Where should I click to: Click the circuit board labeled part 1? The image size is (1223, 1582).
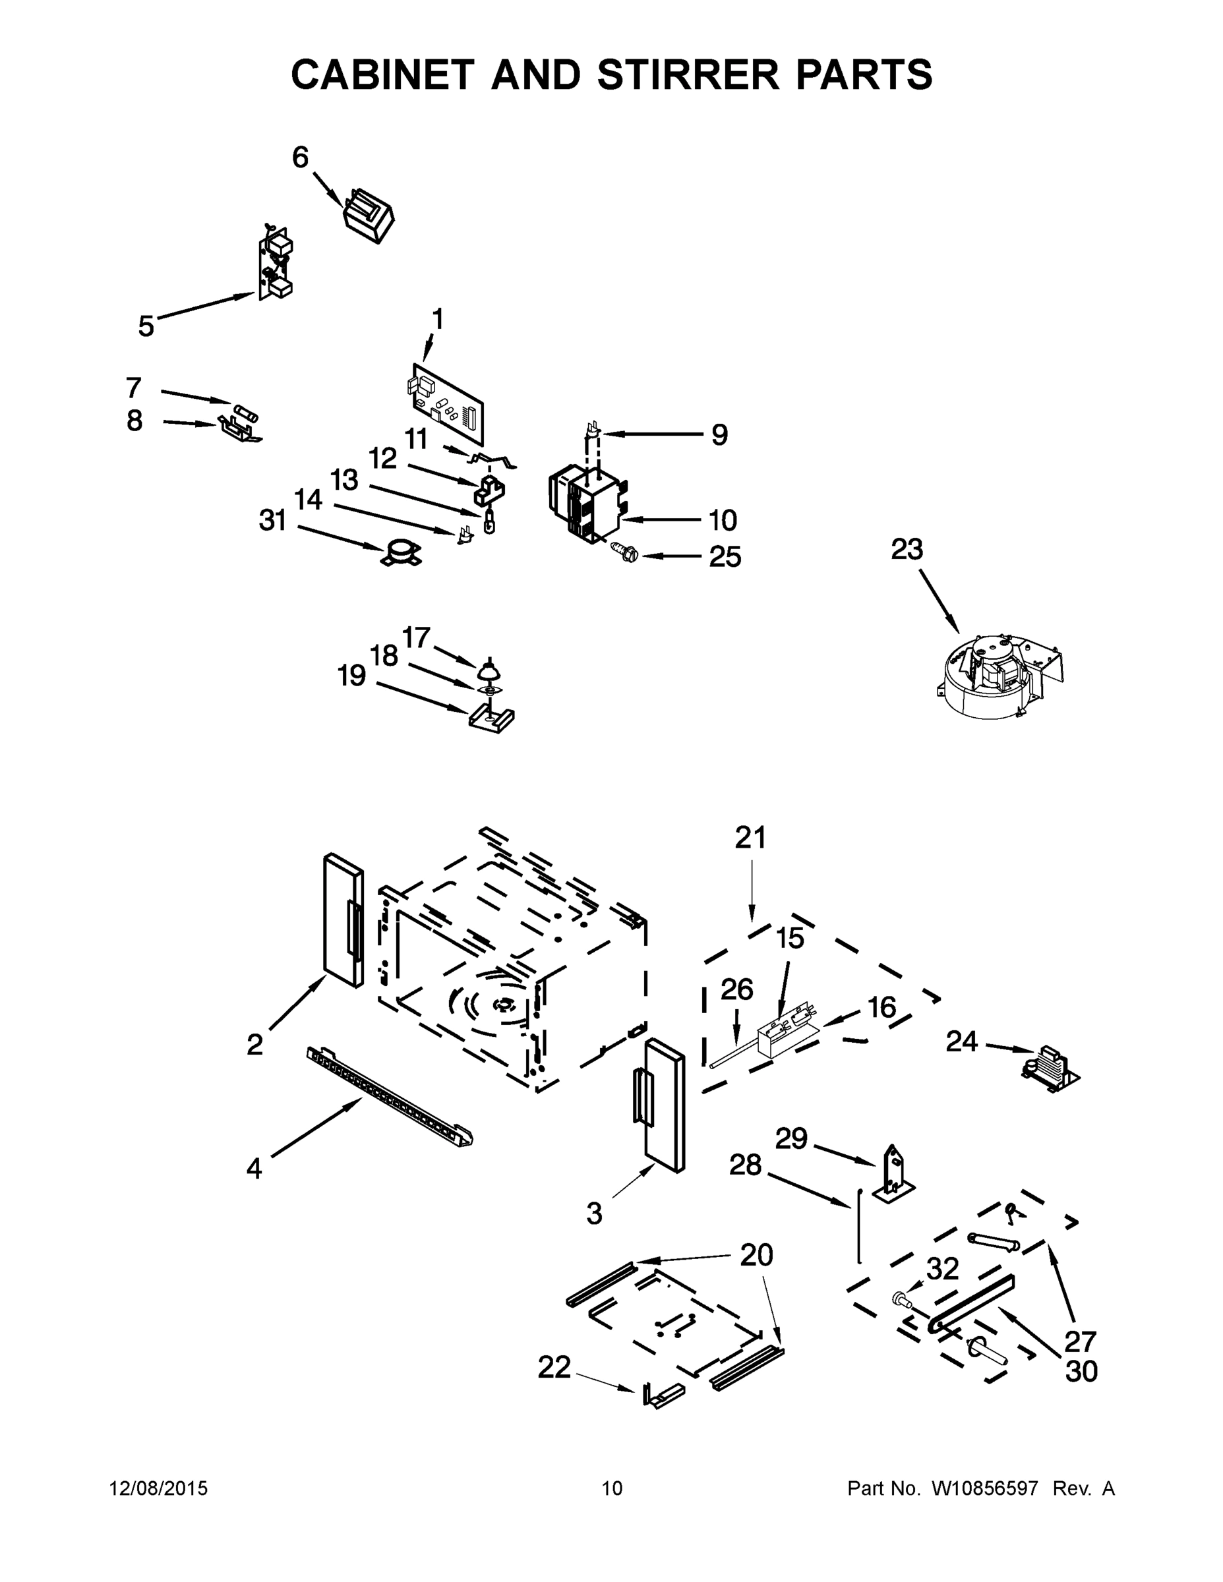(446, 403)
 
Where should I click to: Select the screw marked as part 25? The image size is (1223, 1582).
(624, 554)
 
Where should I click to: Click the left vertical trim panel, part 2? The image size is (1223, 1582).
(343, 920)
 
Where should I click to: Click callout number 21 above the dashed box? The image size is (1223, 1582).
(750, 837)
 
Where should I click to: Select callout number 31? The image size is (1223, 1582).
(273, 520)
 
